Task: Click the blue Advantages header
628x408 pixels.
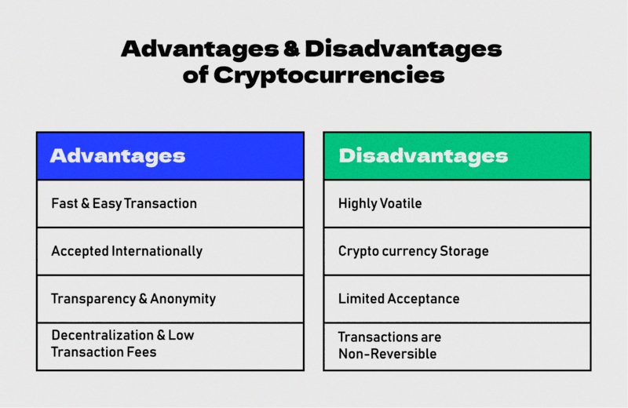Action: [x=170, y=155]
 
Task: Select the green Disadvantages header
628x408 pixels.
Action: [x=457, y=155]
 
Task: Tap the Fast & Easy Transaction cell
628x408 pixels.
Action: [x=170, y=204]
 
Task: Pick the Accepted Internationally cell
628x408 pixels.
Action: [x=170, y=251]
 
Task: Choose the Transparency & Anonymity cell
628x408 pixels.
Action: [x=170, y=299]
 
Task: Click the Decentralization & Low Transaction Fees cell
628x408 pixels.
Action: [x=170, y=346]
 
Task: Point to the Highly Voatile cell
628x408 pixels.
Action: [x=457, y=204]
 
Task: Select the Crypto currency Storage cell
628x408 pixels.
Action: [x=457, y=251]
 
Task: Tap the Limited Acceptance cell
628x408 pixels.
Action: [x=457, y=299]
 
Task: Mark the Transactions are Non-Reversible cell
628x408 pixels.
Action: [x=457, y=346]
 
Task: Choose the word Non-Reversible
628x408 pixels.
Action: [x=387, y=354]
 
